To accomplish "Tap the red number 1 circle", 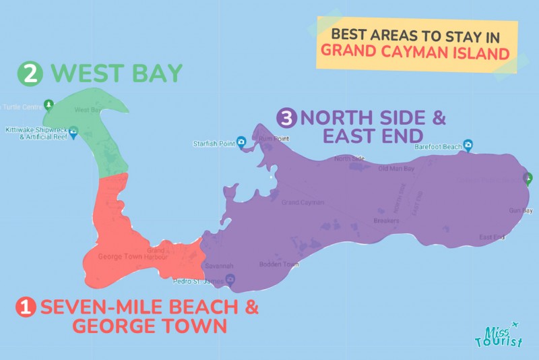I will [26, 308].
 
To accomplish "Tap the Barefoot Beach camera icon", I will [468, 144].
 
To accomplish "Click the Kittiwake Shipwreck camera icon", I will [73, 130].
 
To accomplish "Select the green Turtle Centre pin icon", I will [48, 105].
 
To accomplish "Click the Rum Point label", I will [276, 140].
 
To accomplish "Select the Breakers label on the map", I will [386, 220].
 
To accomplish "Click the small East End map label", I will [492, 237].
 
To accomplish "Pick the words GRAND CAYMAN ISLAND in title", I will [414, 51].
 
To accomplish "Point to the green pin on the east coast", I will [528, 179].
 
